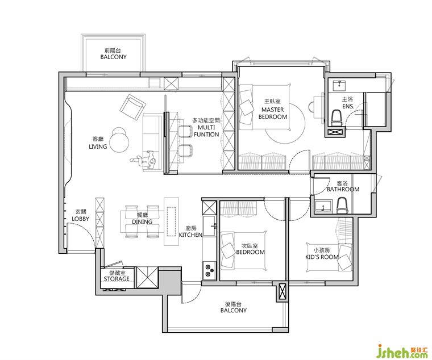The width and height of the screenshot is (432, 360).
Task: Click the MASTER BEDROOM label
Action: tap(272, 113)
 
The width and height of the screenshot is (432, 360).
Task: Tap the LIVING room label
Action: tap(98, 146)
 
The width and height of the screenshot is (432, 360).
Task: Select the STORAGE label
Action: tap(117, 279)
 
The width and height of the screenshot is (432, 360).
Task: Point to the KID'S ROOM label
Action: tap(322, 257)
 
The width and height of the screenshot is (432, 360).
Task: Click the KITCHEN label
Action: tap(190, 235)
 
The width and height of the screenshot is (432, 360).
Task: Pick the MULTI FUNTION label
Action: tap(206, 131)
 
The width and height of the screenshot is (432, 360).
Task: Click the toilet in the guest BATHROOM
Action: tap(342, 206)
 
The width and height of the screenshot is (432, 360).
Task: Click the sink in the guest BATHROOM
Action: tap(323, 206)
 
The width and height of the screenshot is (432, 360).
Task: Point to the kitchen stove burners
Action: tap(210, 270)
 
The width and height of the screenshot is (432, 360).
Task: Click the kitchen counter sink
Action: tap(210, 226)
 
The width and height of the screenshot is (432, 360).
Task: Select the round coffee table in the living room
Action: tap(119, 139)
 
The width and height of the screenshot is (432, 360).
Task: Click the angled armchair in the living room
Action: tap(132, 107)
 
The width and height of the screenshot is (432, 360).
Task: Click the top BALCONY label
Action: tap(113, 57)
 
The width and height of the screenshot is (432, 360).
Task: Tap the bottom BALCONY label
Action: tap(234, 311)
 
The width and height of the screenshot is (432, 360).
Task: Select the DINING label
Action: tap(142, 221)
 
